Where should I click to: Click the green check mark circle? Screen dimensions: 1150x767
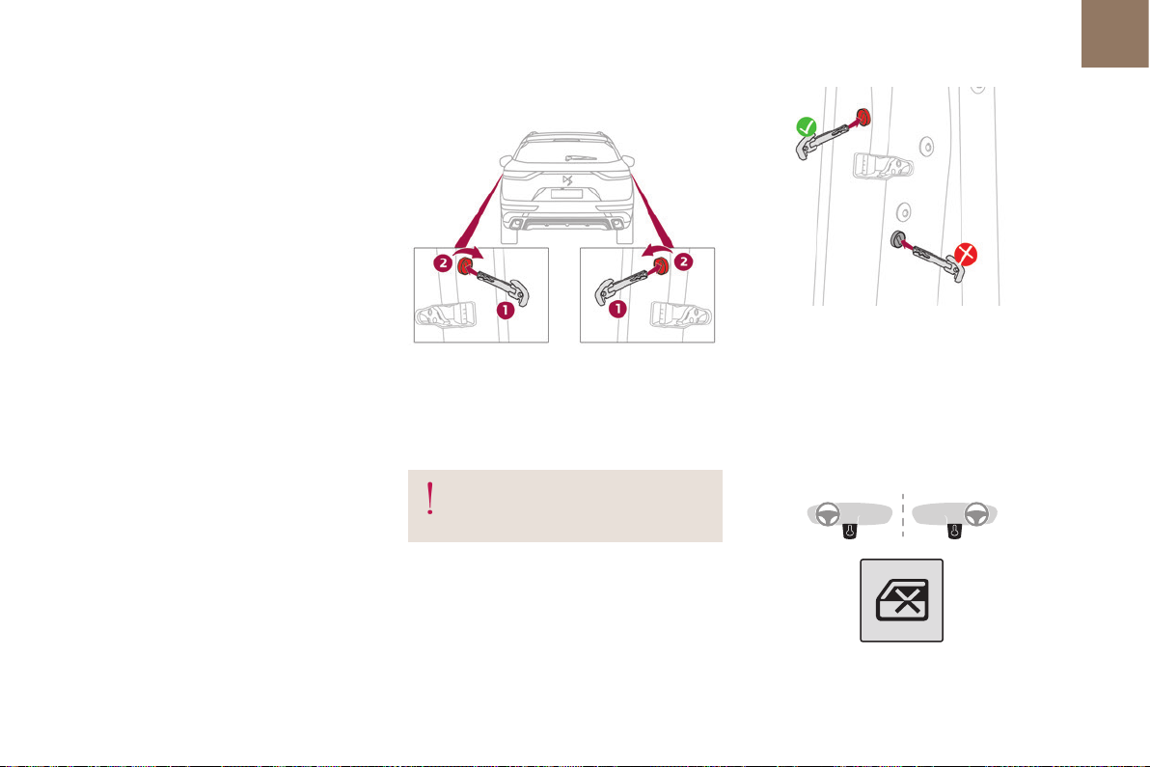pos(806,126)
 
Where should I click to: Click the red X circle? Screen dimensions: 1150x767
pos(966,255)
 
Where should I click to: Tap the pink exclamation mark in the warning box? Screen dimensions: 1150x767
pos(429,499)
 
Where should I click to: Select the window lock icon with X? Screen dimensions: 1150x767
pos(901,600)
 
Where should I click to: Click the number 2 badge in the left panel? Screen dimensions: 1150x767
pos(442,262)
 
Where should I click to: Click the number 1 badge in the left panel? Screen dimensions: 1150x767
pos(505,310)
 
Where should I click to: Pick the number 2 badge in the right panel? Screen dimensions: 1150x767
pos(684,261)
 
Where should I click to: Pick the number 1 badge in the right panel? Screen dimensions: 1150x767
pos(617,309)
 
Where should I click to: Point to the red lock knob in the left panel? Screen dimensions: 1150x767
pos(465,266)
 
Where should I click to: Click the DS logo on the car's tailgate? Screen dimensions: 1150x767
pos(567,180)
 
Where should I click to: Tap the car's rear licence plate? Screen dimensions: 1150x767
pos(566,194)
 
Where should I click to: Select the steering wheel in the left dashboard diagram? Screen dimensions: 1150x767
pos(828,514)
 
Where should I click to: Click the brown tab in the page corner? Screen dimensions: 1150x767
pos(1115,34)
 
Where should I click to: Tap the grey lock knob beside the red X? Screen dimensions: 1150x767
pos(897,239)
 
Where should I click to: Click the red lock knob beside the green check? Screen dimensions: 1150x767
pos(863,116)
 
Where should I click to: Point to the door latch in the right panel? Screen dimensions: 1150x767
pos(680,314)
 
